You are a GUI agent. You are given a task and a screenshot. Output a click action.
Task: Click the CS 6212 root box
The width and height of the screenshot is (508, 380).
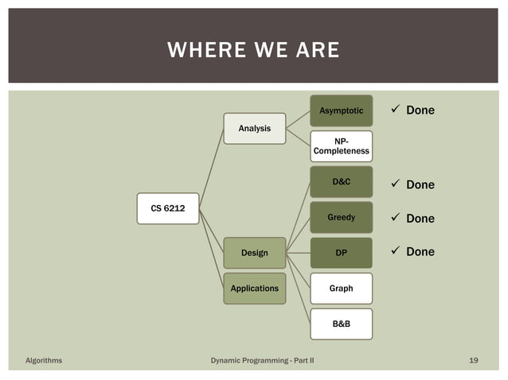click(168, 208)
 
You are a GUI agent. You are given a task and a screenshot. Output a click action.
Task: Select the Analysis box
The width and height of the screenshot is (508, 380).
click(254, 128)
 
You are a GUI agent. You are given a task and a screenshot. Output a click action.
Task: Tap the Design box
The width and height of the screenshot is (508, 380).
click(254, 254)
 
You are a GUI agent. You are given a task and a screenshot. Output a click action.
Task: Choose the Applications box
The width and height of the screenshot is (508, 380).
click(254, 288)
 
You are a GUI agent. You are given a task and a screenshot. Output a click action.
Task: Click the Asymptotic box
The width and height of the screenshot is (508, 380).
click(341, 111)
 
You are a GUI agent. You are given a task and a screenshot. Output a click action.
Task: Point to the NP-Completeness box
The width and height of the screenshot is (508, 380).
click(341, 145)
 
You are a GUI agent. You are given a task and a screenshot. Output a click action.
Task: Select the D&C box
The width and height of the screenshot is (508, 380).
click(341, 182)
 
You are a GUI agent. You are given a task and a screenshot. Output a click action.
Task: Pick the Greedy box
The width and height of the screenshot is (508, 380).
click(341, 217)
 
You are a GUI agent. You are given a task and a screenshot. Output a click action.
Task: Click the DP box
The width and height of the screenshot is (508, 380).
click(341, 253)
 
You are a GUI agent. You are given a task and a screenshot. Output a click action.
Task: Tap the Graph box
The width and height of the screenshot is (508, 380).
click(341, 289)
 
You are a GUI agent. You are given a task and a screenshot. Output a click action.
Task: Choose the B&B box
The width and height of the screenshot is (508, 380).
click(341, 324)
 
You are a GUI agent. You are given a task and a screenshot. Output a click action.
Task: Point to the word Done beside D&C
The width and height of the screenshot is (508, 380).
click(420, 185)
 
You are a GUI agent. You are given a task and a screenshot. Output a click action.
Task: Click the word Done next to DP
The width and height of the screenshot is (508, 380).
click(420, 252)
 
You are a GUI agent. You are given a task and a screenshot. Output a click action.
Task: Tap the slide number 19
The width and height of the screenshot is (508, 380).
click(474, 360)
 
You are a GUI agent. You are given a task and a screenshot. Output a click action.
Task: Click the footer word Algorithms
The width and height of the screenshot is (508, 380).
click(43, 360)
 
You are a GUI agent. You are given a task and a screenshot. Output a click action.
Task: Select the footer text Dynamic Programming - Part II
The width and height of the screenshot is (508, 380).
click(262, 360)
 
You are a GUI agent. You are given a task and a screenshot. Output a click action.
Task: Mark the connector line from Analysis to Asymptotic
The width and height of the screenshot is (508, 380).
click(298, 118)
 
